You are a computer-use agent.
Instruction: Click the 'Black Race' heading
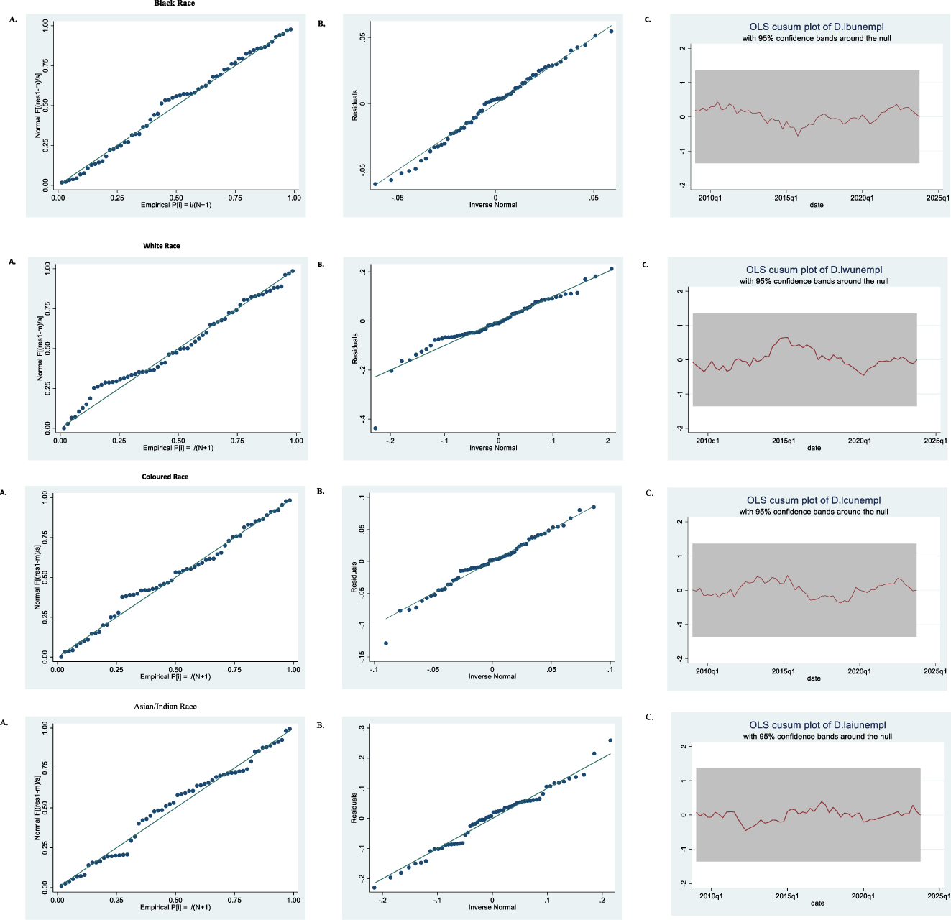click(x=174, y=4)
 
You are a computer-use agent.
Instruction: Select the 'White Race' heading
click(x=162, y=246)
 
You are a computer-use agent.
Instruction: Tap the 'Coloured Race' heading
click(x=165, y=477)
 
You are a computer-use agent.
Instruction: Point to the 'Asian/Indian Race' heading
click(x=165, y=707)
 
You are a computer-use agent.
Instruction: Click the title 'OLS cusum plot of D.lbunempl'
click(x=817, y=27)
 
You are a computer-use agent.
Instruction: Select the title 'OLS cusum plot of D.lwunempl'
click(x=814, y=270)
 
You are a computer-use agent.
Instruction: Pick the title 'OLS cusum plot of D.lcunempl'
click(x=814, y=500)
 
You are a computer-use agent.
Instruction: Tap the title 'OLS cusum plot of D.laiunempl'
click(x=817, y=725)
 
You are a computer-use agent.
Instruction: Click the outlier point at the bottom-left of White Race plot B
click(x=375, y=428)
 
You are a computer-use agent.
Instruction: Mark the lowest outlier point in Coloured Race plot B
click(x=386, y=643)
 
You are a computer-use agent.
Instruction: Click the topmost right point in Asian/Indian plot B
click(x=610, y=740)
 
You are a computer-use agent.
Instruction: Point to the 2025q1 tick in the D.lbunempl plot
click(x=937, y=198)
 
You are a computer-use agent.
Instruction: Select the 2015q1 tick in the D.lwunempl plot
click(x=784, y=441)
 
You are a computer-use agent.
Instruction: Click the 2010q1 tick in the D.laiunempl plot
click(x=711, y=896)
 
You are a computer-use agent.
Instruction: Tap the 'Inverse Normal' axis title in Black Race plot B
click(x=493, y=205)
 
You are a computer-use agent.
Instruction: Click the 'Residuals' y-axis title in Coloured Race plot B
click(x=354, y=577)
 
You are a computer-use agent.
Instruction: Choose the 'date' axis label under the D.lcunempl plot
click(x=814, y=678)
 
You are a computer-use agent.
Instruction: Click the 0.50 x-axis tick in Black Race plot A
click(x=176, y=198)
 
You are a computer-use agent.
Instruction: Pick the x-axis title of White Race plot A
click(x=178, y=448)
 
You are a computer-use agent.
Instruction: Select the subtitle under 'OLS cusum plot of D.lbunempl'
click(x=817, y=38)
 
